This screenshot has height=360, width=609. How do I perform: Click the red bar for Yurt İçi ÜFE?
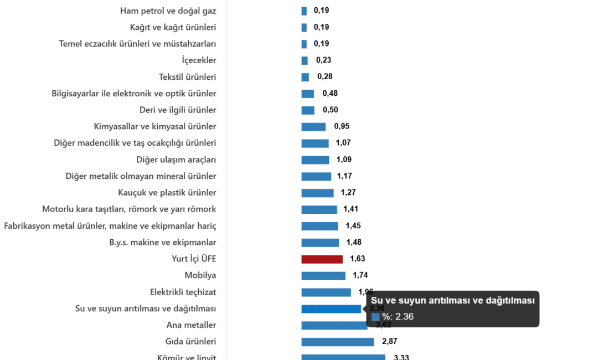pos(322,259)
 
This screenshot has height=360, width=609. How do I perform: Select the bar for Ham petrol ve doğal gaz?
pos(304,11)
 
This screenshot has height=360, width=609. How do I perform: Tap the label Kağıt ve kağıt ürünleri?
pos(172,27)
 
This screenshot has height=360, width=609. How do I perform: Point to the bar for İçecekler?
pos(305,60)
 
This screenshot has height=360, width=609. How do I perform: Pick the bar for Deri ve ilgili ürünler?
pos(308,110)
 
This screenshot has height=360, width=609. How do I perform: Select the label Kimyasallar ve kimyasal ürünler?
pos(155,126)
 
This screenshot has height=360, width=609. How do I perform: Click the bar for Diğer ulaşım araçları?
pos(316,160)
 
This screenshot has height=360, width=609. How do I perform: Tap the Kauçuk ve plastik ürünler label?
pos(166,193)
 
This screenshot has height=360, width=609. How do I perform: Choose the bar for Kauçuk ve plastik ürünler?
pos(318,193)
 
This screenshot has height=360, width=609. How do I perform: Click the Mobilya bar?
pos(324,275)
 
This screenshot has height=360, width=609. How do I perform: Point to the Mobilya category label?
pos(199,275)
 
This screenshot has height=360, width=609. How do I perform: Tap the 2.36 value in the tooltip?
pos(404,317)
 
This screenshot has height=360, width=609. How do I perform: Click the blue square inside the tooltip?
pos(375,317)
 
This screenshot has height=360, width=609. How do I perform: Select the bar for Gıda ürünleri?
pos(338,342)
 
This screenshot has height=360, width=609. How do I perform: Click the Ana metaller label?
pos(190,325)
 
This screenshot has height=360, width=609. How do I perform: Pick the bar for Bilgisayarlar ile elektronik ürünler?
pos(307,93)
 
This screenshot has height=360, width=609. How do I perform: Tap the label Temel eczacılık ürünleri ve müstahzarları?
pos(137,44)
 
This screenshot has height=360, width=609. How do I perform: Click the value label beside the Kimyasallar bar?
pos(341,126)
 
